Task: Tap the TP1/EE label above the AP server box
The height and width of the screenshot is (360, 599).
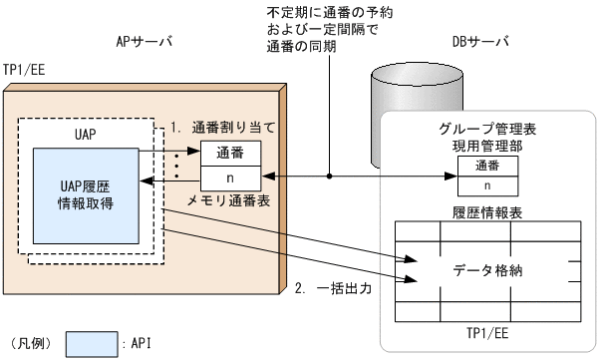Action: (23, 72)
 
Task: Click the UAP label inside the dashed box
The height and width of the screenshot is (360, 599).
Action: (88, 134)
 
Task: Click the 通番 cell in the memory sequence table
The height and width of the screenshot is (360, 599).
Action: (231, 154)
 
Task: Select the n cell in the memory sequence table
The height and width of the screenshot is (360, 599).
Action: (231, 177)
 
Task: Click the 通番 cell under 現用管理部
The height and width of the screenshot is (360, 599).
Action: (487, 165)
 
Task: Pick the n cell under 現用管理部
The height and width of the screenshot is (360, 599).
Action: (487, 184)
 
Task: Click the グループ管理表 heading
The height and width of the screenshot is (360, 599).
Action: (487, 129)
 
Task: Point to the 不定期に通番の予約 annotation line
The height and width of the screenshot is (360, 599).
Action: (317, 12)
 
